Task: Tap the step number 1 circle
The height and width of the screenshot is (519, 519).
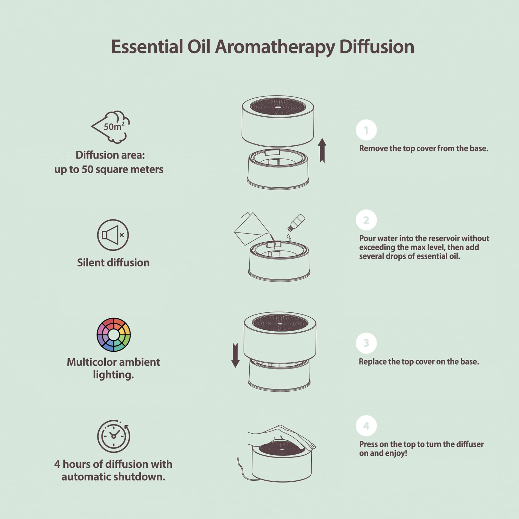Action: coord(366,130)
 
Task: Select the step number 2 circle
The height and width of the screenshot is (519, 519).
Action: coord(366,220)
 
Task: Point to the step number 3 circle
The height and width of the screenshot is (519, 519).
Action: coord(366,343)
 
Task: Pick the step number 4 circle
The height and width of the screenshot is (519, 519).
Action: coord(366,426)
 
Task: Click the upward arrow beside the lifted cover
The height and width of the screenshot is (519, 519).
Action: coord(322,151)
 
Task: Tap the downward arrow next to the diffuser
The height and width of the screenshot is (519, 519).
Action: coord(235,355)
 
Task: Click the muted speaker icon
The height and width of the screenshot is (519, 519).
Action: coord(113,235)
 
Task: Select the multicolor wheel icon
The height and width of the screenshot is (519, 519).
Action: coord(114,335)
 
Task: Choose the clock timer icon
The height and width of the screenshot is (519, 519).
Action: coord(114,436)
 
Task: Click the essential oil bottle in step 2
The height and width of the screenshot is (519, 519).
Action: coord(297,222)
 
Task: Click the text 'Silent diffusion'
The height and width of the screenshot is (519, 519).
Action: coord(113,263)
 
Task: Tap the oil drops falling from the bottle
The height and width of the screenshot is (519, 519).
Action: coord(289,237)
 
